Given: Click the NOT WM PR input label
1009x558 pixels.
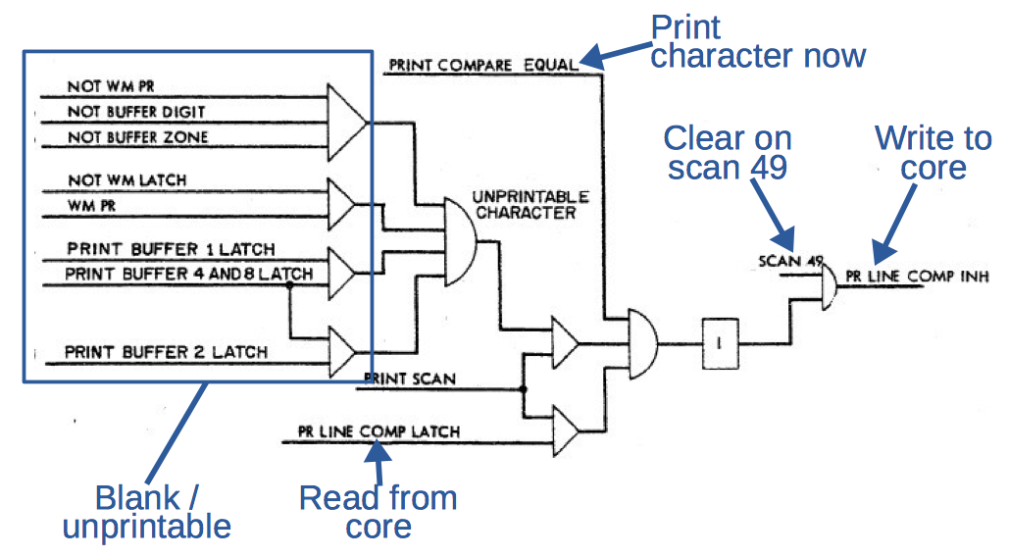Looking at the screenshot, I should pyautogui.click(x=111, y=86).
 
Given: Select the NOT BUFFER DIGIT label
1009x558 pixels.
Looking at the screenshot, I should pyautogui.click(x=136, y=112).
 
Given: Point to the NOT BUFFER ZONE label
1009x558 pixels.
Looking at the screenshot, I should pyautogui.click(x=137, y=137).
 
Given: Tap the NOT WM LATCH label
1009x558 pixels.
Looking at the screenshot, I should pyautogui.click(x=126, y=180).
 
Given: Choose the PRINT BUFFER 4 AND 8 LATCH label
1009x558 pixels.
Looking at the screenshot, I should pyautogui.click(x=188, y=274).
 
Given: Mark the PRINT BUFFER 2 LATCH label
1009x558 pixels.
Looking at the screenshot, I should pyautogui.click(x=165, y=351).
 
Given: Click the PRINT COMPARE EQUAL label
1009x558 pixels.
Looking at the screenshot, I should pyautogui.click(x=484, y=66).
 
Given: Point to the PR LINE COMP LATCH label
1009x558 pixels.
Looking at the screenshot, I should pyautogui.click(x=378, y=431).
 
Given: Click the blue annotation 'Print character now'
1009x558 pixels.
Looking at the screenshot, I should pyautogui.click(x=757, y=41).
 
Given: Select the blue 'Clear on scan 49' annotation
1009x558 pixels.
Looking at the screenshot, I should pyautogui.click(x=727, y=152).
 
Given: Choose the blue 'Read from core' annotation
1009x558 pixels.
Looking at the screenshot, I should pyautogui.click(x=378, y=512).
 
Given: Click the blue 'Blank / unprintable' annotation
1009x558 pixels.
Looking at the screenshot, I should pyautogui.click(x=146, y=512).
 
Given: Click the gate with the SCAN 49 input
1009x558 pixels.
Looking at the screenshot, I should pyautogui.click(x=827, y=287).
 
